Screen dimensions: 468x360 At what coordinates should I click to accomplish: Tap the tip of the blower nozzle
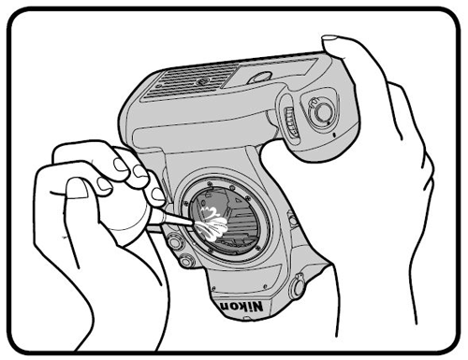pos(191,223)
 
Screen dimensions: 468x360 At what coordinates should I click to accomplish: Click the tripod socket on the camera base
pos(200,82)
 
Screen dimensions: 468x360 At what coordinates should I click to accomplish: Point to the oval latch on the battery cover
pos(259,78)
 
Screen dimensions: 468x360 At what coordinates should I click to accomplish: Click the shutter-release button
pos(321,111)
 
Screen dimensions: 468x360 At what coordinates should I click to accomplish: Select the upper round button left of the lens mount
pos(174,241)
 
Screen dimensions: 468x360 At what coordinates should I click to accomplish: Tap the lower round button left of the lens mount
pos(187,260)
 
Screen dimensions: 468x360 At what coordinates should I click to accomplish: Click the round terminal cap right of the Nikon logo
pos(297,285)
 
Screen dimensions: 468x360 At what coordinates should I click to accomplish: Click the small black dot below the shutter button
pos(335,136)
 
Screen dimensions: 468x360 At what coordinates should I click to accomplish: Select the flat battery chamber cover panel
pos(271,73)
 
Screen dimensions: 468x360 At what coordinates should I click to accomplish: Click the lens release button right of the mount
pos(292,218)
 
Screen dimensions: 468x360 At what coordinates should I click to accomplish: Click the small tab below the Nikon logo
pos(247,319)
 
